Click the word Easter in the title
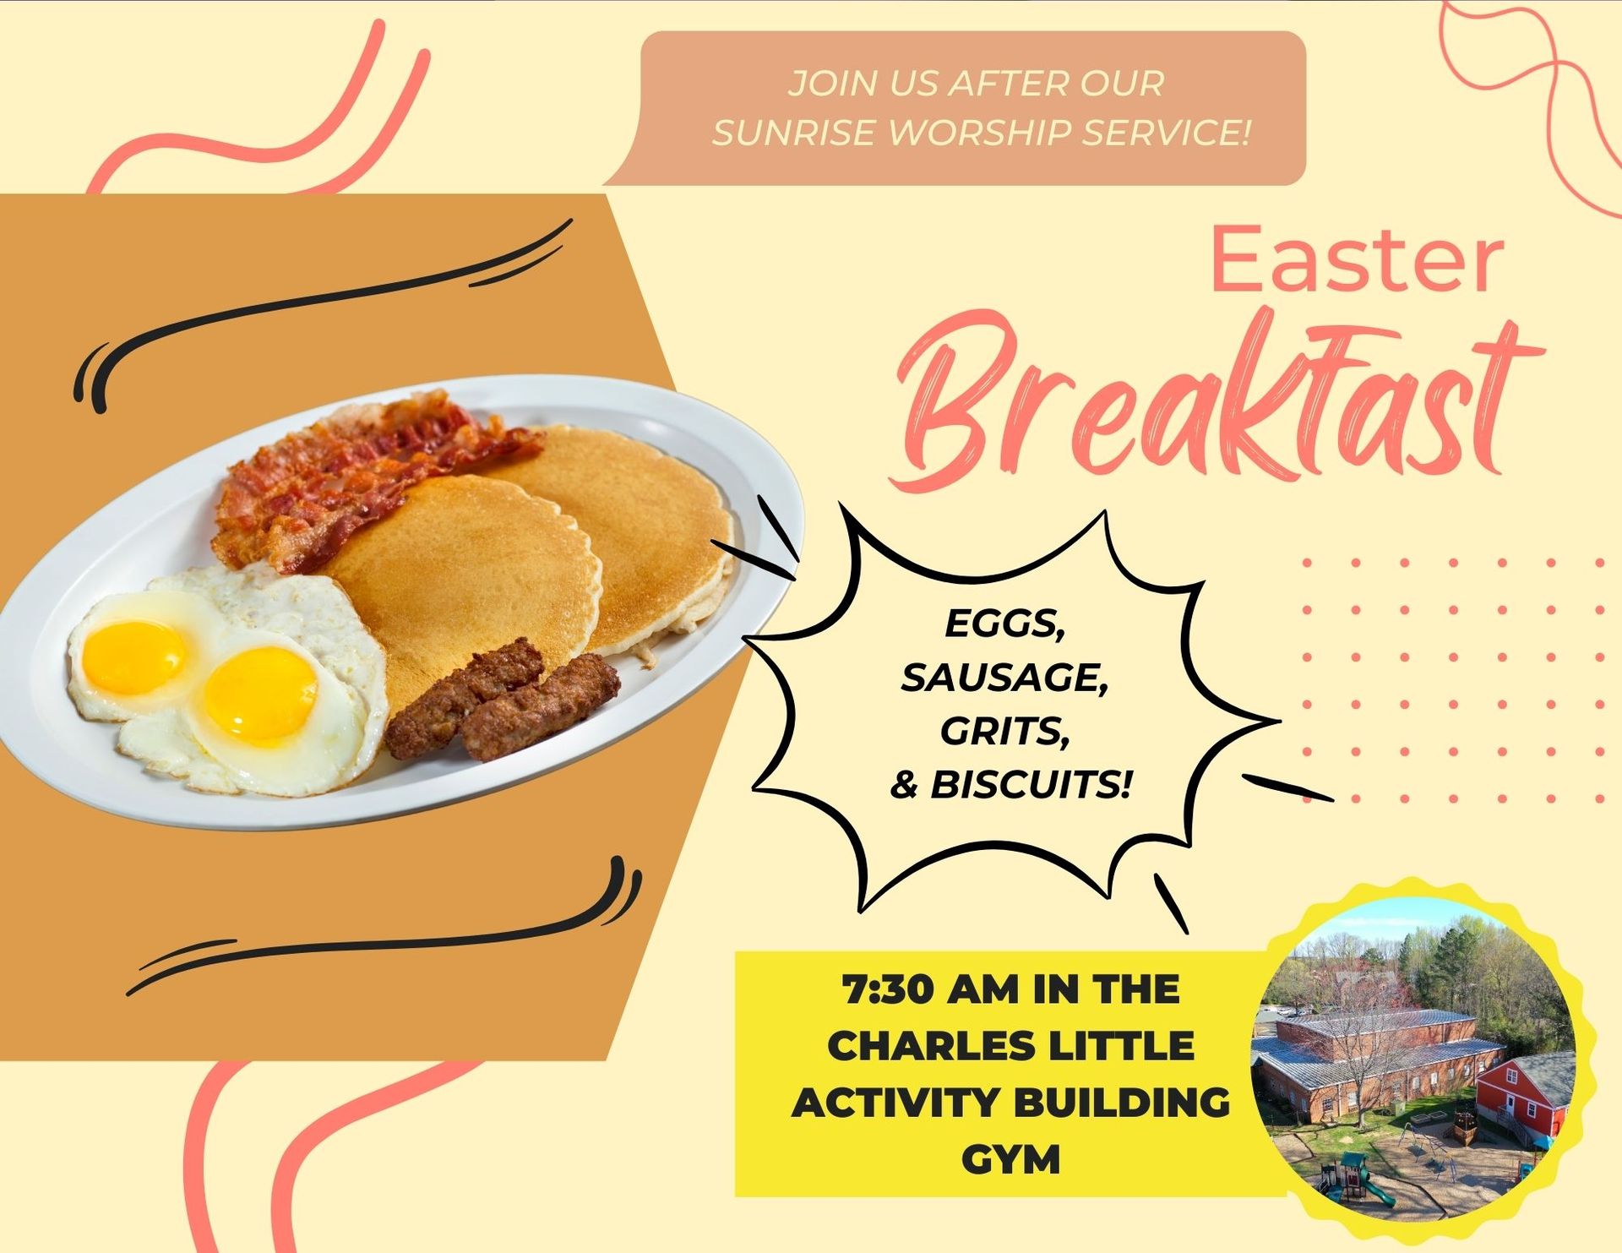coord(1358,261)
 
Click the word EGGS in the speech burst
coord(1004,624)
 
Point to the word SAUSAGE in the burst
coord(1004,678)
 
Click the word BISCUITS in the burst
coord(1030,785)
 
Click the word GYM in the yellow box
coord(1010,1159)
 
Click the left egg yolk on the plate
coord(134,657)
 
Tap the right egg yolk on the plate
coord(260,695)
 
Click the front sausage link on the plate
coord(541,707)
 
